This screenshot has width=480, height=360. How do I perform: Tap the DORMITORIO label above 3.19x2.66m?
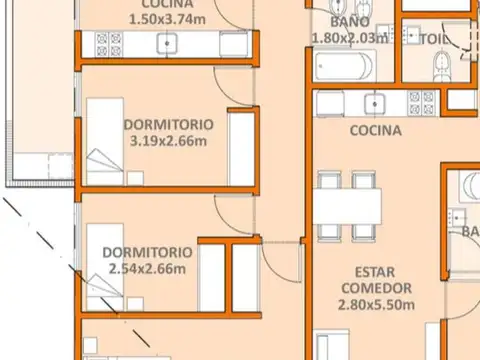(169, 125)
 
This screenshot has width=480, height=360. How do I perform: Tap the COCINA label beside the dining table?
(376, 130)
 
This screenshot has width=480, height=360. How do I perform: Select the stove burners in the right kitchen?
(421, 101)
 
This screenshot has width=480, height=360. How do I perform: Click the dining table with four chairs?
(349, 206)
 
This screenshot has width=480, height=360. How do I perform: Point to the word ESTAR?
(375, 272)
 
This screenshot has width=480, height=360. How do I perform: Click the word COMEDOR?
(375, 290)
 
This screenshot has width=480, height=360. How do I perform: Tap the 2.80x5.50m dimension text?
(375, 307)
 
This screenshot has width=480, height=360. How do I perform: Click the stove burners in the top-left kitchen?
(108, 43)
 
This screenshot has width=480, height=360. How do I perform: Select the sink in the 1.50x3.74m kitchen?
(170, 43)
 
